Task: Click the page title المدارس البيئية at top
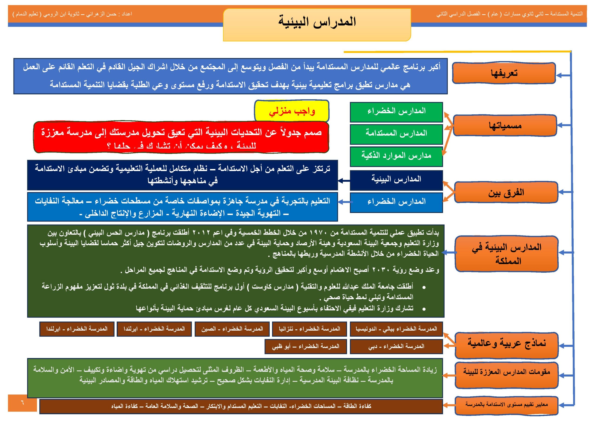317,22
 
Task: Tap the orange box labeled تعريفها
504,73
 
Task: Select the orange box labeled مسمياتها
505,126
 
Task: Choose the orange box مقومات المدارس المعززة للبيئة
506,372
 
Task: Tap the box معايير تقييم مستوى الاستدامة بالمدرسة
506,404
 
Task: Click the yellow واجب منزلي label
291,111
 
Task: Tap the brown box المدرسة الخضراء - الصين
232,329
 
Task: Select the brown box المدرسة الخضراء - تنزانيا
309,329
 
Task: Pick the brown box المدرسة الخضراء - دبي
396,346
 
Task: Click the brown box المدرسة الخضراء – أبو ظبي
306,346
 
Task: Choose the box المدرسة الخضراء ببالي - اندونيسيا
396,329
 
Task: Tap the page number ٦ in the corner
22,403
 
